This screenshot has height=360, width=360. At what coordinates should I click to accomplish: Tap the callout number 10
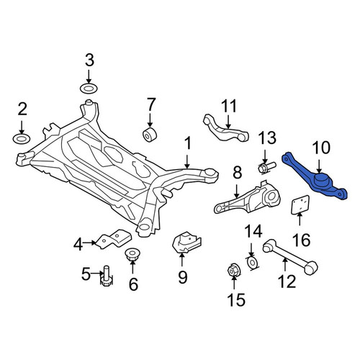321,148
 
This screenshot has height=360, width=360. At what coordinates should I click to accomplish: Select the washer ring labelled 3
89,89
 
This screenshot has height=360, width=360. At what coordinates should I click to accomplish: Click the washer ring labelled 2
22,139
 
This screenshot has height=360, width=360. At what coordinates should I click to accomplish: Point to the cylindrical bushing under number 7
150,135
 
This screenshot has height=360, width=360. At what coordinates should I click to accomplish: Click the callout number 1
188,143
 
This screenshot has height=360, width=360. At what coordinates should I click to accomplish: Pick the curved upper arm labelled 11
225,128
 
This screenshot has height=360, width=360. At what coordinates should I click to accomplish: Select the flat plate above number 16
300,204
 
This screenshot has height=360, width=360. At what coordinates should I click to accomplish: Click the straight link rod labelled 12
290,256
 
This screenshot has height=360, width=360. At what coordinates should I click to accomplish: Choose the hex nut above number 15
234,271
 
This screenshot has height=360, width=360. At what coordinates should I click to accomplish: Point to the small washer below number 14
252,263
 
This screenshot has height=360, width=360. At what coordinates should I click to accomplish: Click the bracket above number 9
186,242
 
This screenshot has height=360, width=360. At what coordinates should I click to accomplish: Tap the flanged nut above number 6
132,255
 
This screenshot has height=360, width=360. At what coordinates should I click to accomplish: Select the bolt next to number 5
106,276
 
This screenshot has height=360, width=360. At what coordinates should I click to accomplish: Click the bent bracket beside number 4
113,240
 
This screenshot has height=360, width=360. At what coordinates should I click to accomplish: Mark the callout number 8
237,174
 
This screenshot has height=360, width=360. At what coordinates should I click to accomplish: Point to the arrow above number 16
300,218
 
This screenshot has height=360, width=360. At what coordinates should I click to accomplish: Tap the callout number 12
287,282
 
